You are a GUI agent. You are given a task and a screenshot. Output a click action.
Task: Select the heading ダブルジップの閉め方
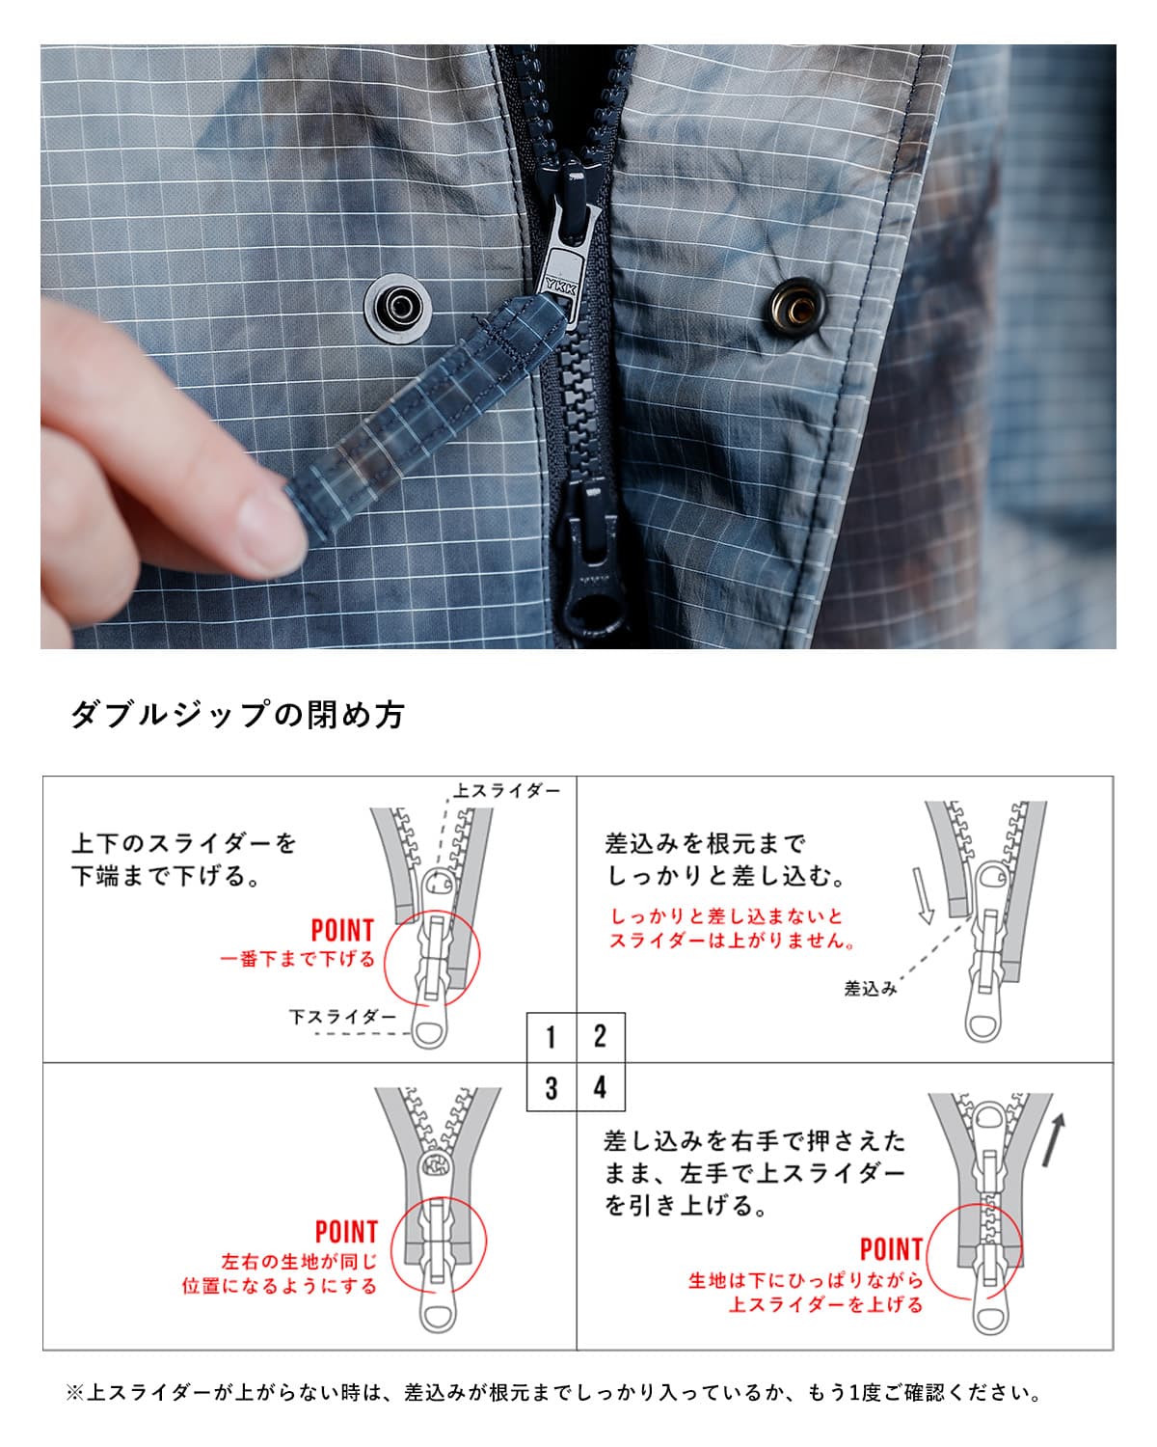point(237,715)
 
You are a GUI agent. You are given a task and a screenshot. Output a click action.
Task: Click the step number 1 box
point(551,1038)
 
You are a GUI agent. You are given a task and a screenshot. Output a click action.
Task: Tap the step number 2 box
point(601,1038)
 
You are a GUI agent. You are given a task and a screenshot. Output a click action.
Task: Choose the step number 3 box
point(551,1088)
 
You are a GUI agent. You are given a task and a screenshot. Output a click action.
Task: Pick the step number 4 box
point(601,1088)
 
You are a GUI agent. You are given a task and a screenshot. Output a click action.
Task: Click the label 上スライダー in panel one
point(507,791)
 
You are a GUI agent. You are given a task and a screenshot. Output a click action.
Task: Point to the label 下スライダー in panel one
point(342,1017)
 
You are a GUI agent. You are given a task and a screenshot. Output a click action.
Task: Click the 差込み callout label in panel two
point(871,989)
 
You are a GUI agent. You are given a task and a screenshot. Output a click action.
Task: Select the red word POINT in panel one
point(342,931)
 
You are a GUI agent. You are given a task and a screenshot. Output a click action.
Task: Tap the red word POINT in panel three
point(346,1232)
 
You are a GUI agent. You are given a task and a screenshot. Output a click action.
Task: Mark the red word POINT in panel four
point(891,1250)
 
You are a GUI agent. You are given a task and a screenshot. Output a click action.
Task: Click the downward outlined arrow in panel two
point(923,895)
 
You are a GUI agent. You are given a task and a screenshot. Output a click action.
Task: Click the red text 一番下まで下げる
point(297,960)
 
